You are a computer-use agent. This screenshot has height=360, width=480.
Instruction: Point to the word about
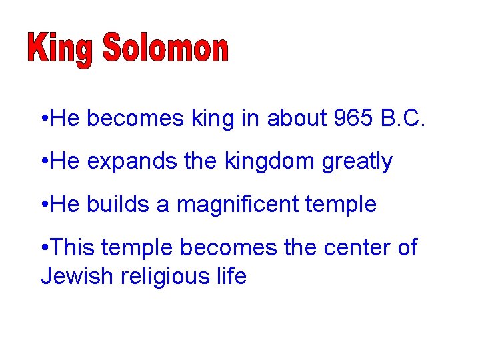pyautogui.click(x=296, y=119)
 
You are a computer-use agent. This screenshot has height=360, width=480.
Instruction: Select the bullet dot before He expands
pyautogui.click(x=43, y=162)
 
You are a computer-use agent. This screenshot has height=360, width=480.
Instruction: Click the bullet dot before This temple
pyautogui.click(x=43, y=248)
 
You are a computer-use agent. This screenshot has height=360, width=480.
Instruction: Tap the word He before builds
pyautogui.click(x=65, y=204)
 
